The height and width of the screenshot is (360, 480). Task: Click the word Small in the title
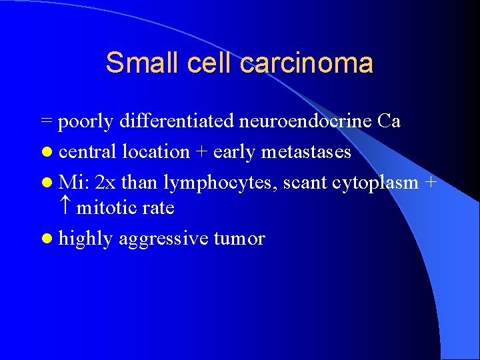(x=135, y=63)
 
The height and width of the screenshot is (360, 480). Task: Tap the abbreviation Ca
(x=389, y=121)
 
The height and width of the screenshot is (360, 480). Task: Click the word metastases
(x=306, y=152)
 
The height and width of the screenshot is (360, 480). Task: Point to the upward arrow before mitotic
(x=65, y=208)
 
